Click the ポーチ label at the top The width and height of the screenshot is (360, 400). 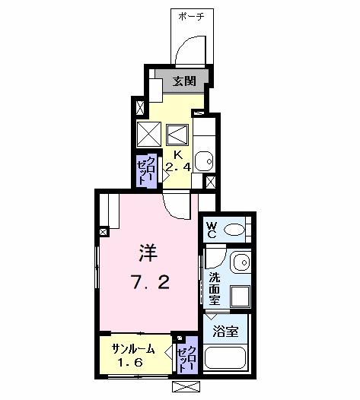coord(191,17)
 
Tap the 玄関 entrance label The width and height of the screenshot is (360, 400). coord(184,81)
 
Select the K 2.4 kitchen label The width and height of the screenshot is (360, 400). coord(178,161)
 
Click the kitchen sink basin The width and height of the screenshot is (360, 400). coord(204,161)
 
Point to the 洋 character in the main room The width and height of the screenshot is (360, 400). coord(148,252)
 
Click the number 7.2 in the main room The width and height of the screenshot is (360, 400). coord(151,282)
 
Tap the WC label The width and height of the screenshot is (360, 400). coord(212,230)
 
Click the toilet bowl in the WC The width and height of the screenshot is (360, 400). coord(234,230)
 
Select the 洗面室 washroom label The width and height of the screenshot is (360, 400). coord(215,288)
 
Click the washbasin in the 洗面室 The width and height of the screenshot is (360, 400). coord(241,262)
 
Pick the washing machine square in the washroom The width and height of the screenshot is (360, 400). coord(240,296)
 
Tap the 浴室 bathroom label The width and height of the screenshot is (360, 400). coord(225,332)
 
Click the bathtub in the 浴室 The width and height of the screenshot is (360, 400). coord(225,357)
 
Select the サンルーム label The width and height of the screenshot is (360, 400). coord(133,348)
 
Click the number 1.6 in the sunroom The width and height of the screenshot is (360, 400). coord(130,362)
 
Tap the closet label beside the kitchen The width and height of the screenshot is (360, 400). coord(146,170)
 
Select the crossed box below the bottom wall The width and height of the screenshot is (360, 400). coord(186,386)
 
